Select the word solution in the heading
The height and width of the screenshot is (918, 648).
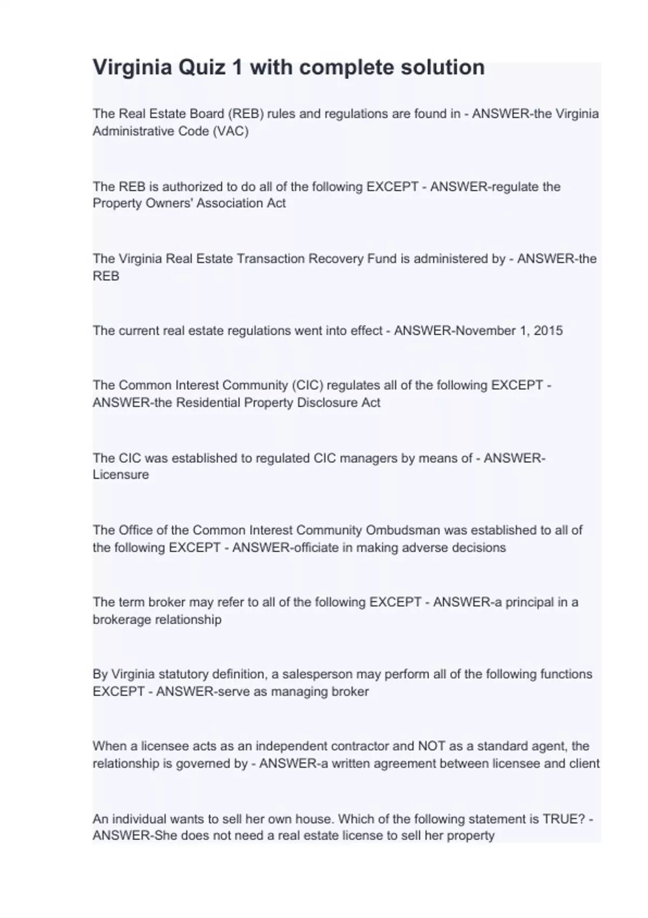[442, 67]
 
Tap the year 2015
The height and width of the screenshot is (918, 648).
[548, 330]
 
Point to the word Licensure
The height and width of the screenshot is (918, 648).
[120, 475]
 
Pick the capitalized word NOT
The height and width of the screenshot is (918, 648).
[431, 746]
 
